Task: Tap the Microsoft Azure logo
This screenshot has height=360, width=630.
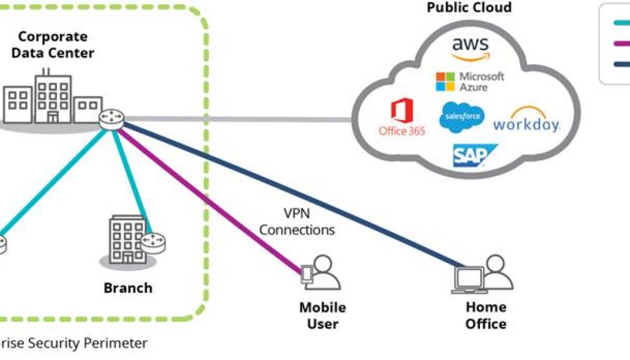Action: [x=470, y=82]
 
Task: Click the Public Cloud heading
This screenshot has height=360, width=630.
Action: [x=469, y=8]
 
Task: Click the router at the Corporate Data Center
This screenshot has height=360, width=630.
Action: [x=112, y=118]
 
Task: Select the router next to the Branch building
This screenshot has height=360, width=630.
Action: [x=154, y=243]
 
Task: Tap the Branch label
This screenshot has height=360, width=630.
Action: [x=128, y=288]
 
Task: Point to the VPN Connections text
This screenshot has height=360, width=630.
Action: [x=297, y=221]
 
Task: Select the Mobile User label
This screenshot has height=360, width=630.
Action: [x=323, y=316]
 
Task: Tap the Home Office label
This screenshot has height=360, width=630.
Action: [x=486, y=316]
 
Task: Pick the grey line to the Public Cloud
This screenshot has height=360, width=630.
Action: [x=240, y=119]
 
